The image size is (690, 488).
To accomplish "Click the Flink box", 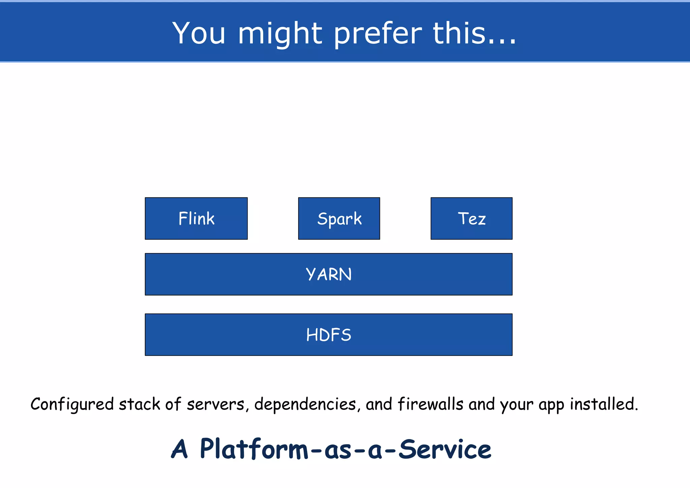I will click(196, 218).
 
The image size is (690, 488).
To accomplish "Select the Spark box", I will click(339, 218).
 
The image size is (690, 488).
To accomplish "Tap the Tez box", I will click(471, 218).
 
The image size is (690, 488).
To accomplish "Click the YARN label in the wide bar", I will click(328, 274).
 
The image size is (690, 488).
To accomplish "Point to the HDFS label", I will click(328, 335).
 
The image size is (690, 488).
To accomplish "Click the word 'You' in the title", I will click(199, 33).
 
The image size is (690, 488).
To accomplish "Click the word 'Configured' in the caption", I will click(72, 404).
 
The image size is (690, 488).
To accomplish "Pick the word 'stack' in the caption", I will click(139, 404).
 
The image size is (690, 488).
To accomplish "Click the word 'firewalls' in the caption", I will click(430, 404).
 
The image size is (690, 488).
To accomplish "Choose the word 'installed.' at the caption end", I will click(604, 404).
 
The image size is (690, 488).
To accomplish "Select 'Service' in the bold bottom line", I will click(445, 449).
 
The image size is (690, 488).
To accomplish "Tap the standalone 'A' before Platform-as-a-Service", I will click(179, 449).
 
